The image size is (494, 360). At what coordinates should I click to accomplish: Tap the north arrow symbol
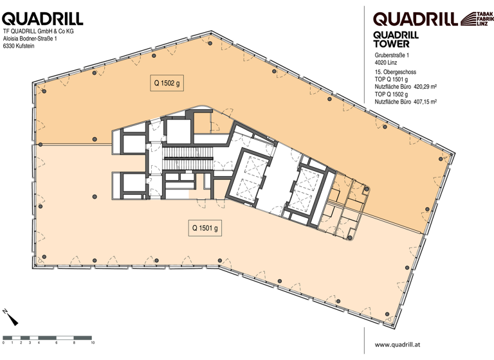10,317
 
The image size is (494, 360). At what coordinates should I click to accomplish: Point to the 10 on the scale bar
93,343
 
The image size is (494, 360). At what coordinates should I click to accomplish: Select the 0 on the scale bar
4,343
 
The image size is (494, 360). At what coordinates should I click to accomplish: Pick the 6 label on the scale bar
57,343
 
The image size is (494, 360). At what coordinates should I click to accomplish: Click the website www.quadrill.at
403,344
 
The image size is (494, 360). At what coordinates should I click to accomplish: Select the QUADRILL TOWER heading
396,40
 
